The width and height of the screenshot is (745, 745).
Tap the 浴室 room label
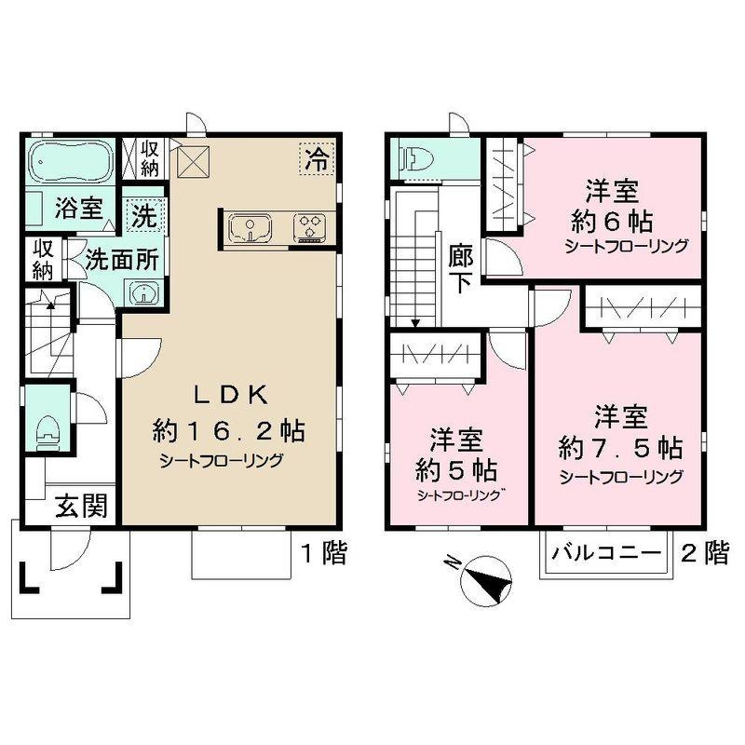click(78, 208)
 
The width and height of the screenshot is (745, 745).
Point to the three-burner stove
click(309, 226)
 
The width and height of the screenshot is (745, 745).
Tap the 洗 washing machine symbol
click(143, 218)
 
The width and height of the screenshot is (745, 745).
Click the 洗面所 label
click(121, 260)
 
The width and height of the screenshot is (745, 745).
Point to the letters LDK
click(230, 395)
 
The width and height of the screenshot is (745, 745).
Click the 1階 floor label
click(322, 554)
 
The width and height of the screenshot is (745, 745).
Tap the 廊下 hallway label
click(460, 267)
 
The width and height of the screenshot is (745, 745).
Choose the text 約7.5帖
click(619, 447)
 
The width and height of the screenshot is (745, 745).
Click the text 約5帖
click(455, 467)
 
